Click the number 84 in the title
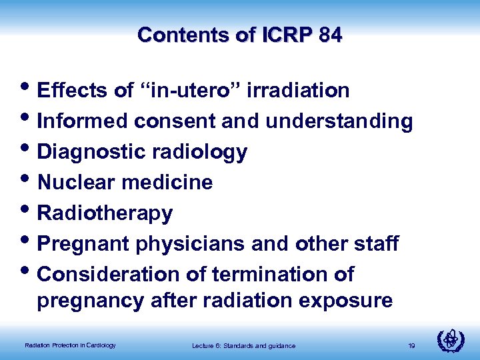coord(331,35)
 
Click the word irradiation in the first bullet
coord(298,91)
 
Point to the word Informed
coord(83,121)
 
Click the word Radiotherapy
coord(105,213)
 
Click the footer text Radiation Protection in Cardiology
coord(70,345)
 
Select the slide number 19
coord(411,345)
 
